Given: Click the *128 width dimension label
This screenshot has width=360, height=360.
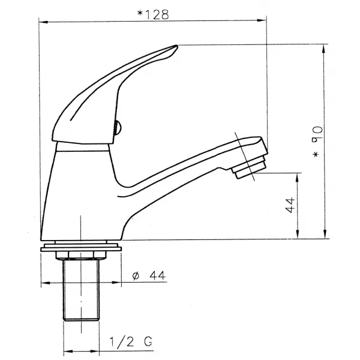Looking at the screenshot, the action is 153,14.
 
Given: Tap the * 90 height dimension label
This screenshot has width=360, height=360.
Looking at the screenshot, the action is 317,142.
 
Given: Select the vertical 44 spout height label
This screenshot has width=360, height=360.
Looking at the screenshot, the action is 290,205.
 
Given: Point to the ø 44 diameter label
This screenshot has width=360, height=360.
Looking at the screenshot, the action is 149,275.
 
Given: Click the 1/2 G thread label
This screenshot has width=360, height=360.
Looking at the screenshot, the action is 131,341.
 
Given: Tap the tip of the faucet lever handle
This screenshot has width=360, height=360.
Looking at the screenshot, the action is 177,46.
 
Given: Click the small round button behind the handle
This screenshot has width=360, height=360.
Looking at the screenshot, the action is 118,128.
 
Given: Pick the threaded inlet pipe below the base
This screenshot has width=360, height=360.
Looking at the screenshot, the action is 81,289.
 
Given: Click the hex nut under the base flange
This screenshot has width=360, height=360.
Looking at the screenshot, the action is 81,255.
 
